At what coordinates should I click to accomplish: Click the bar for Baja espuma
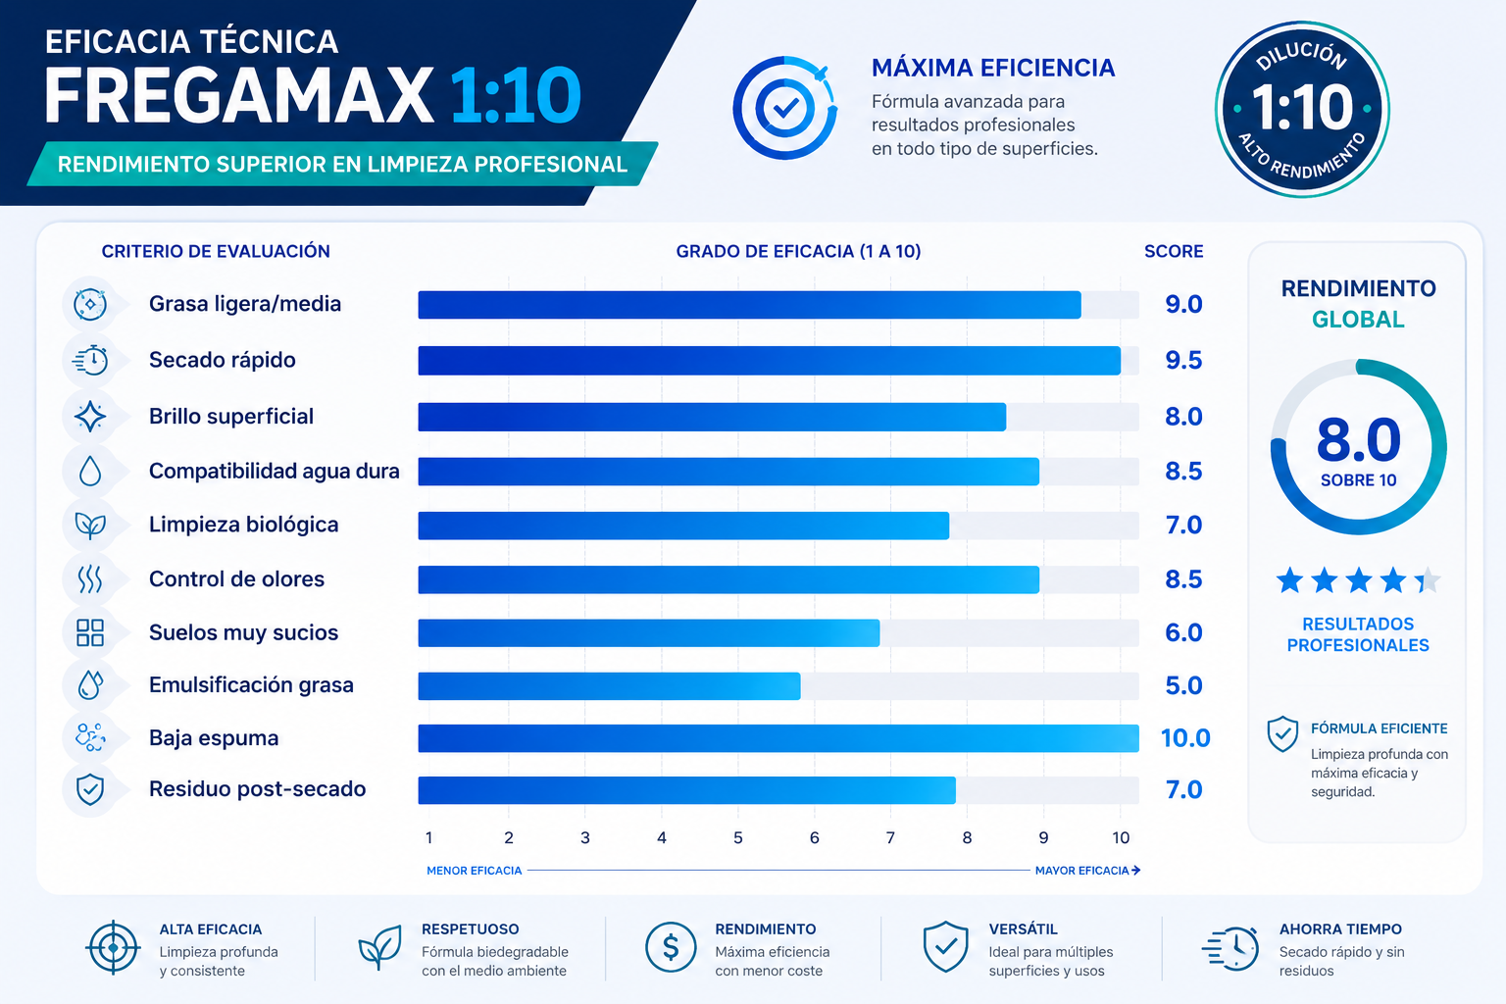[x=778, y=738]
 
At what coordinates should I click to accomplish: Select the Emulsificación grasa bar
[x=609, y=686]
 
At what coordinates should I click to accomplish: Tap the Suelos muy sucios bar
[x=649, y=632]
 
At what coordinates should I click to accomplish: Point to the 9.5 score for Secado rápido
[x=1183, y=361]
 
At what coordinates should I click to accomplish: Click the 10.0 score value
[x=1185, y=738]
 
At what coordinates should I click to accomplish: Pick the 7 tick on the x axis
[x=890, y=838]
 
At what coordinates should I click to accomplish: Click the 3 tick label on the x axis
[x=585, y=838]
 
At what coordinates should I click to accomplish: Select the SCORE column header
[x=1174, y=252]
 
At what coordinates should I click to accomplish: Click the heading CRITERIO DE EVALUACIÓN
[x=216, y=252]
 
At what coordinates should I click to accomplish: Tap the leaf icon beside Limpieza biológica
[x=90, y=526]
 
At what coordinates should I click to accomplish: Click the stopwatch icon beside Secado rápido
[x=90, y=361]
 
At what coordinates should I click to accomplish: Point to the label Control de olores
[x=236, y=579]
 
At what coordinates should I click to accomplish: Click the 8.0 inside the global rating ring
[x=1359, y=440]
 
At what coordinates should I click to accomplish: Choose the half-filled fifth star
[x=1428, y=580]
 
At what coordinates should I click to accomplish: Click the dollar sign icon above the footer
[x=671, y=947]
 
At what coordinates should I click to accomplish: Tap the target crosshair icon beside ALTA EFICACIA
[x=113, y=947]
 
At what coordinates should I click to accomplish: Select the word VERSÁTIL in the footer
[x=1024, y=929]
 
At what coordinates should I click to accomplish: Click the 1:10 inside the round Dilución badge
[x=1302, y=108]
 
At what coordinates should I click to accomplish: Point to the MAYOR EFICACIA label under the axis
[x=1081, y=871]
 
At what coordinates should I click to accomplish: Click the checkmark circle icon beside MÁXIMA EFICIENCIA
[x=784, y=108]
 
